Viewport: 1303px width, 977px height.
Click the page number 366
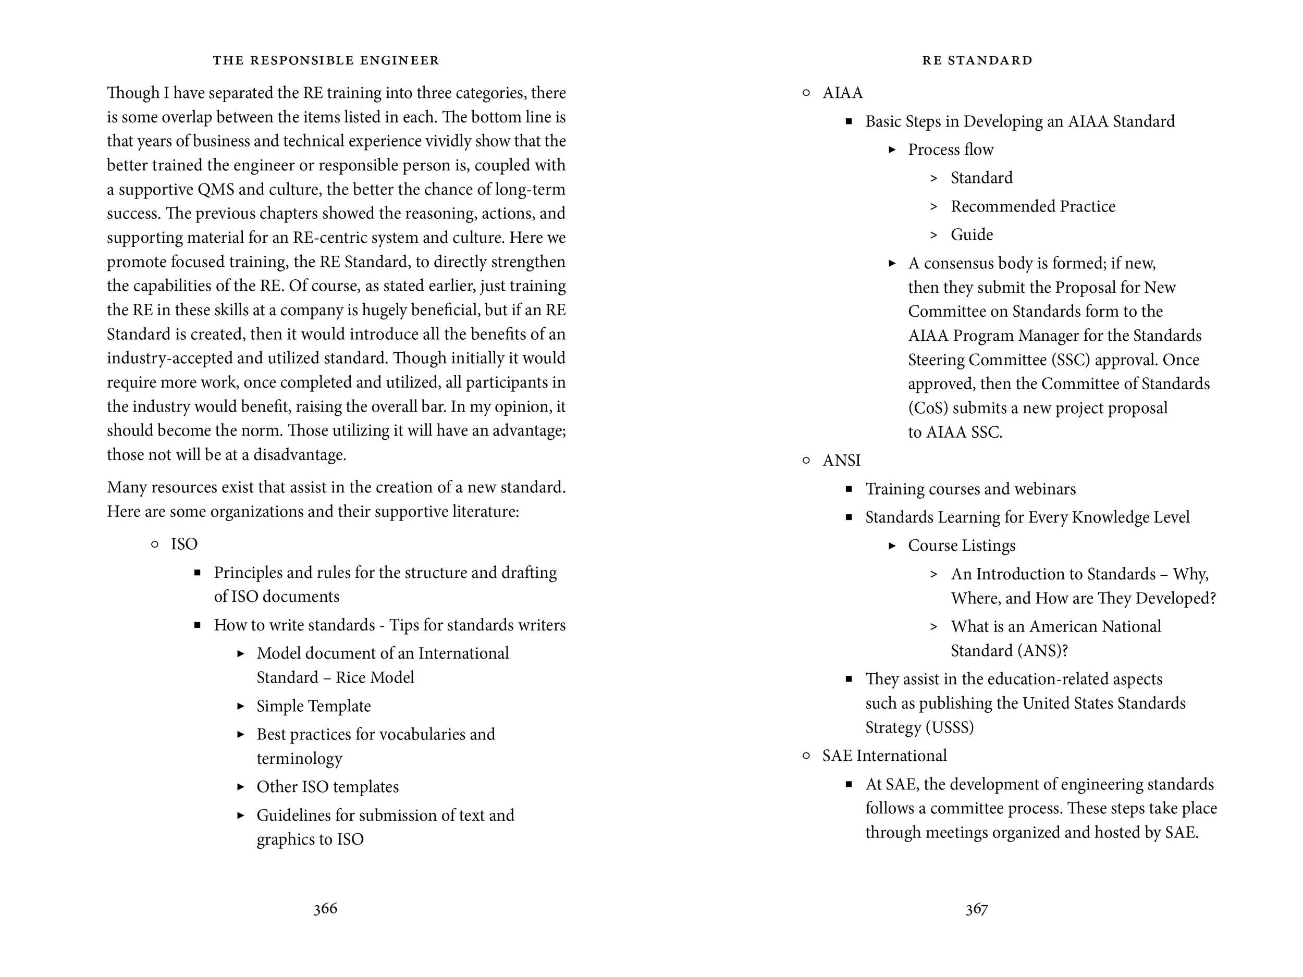(325, 909)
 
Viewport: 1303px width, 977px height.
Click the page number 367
(976, 909)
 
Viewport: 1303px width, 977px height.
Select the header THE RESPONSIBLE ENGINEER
(326, 60)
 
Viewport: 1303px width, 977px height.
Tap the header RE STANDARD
(977, 60)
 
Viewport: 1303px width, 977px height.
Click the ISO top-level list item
(184, 544)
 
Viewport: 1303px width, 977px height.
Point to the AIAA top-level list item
(842, 93)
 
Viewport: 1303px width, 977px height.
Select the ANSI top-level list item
(841, 461)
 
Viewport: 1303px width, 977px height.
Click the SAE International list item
(884, 756)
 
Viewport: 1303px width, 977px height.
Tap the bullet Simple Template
(313, 706)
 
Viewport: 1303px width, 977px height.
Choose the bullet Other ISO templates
(327, 787)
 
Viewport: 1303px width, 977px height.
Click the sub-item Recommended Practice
(1032, 207)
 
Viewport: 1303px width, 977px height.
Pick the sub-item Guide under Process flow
(972, 235)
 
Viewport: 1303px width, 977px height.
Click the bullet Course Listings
(961, 546)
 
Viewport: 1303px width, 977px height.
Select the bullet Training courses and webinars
(970, 489)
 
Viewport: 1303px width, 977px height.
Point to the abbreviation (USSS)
(950, 728)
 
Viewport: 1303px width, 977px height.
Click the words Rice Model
(375, 678)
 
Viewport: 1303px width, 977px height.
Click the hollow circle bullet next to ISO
(155, 545)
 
